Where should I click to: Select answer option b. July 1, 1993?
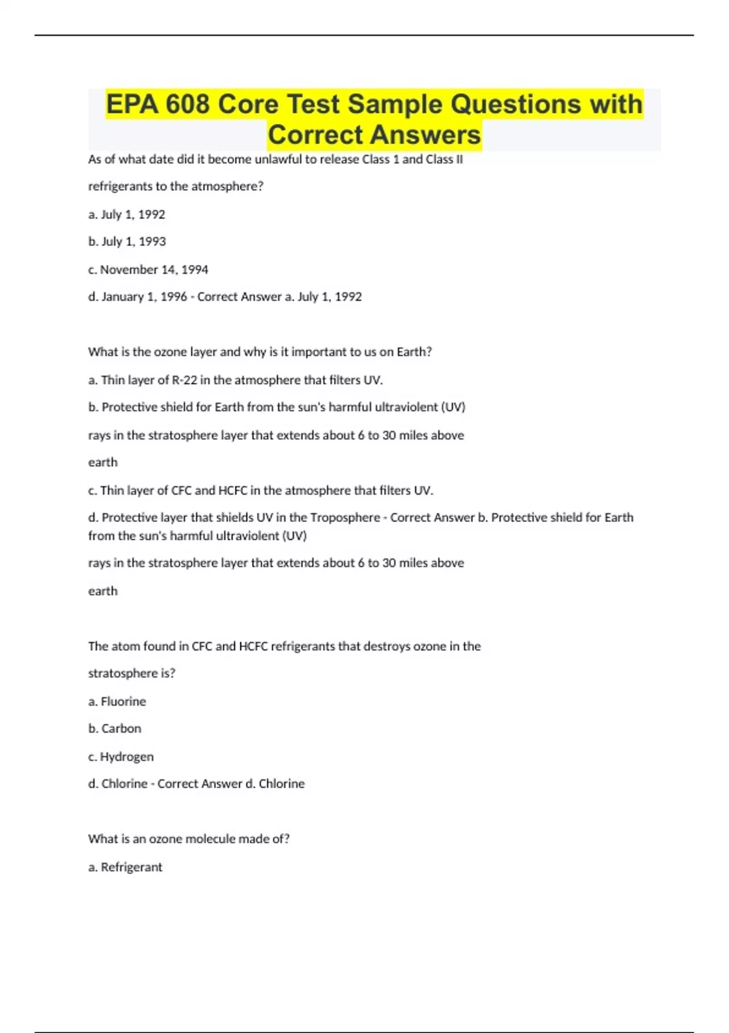click(x=127, y=242)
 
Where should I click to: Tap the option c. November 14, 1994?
click(x=148, y=270)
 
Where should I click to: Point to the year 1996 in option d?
click(x=173, y=297)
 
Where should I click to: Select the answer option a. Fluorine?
click(x=117, y=702)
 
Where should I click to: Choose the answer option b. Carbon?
click(x=115, y=729)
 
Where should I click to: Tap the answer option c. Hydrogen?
click(x=121, y=757)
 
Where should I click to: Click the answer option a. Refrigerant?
click(x=125, y=868)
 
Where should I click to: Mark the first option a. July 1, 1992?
click(x=126, y=214)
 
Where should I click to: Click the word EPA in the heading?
click(x=132, y=105)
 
